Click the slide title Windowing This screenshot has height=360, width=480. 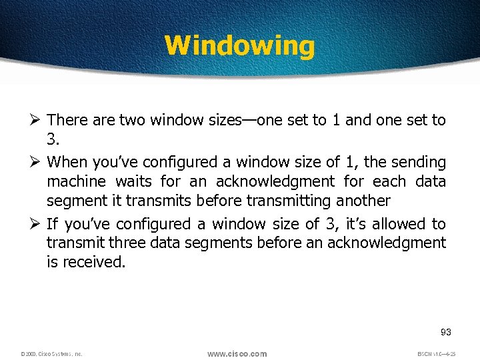coord(239,45)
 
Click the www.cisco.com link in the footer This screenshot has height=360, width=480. coord(237,353)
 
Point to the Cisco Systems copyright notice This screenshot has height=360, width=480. coord(51,354)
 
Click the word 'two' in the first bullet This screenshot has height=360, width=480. coord(132,120)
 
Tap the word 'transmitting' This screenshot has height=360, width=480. coord(290,201)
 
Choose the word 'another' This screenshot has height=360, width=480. coord(363,201)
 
